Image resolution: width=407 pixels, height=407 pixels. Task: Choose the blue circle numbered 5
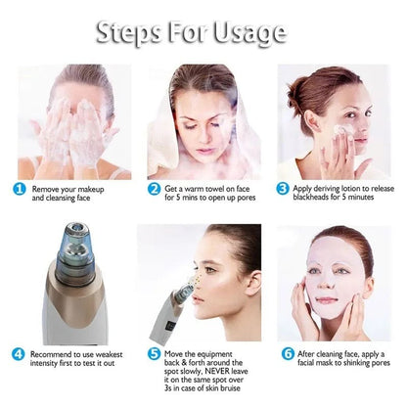(154, 352)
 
